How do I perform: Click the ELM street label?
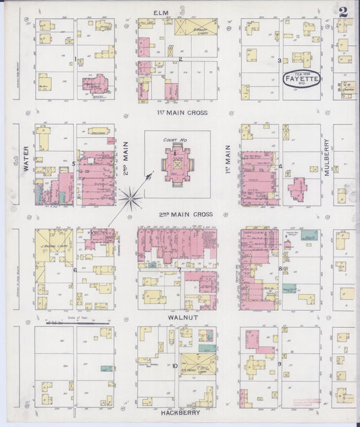(x=160, y=12)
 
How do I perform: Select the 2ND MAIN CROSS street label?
(x=186, y=214)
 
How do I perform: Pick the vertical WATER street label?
(x=24, y=163)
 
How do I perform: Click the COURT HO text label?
(x=174, y=141)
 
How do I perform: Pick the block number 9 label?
(x=279, y=364)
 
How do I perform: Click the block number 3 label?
(x=279, y=60)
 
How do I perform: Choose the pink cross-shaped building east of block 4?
(x=299, y=187)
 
